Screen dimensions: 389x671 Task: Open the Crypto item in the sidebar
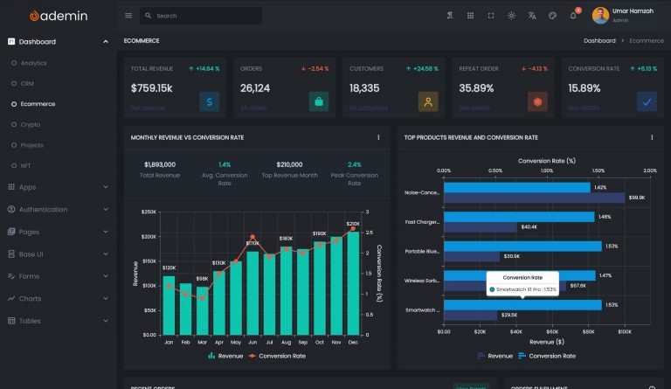[x=31, y=125]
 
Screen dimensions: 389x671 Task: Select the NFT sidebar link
[x=27, y=166]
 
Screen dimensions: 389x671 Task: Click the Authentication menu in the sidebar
[x=43, y=210]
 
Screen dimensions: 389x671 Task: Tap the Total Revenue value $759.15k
[x=152, y=88]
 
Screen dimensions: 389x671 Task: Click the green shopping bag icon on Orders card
[x=319, y=102]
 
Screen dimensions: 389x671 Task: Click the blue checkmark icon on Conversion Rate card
[x=647, y=102]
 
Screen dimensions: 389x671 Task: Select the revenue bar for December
[x=353, y=283]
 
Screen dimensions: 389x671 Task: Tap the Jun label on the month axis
[x=252, y=343]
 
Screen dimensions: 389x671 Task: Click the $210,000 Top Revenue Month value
[x=289, y=164]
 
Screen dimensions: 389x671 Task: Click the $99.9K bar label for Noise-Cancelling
[x=636, y=198]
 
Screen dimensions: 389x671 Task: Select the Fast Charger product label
[x=422, y=222]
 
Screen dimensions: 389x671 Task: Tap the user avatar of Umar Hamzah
[x=600, y=16]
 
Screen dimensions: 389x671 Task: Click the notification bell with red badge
[x=573, y=16]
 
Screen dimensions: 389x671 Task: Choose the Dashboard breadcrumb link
[x=599, y=41]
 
